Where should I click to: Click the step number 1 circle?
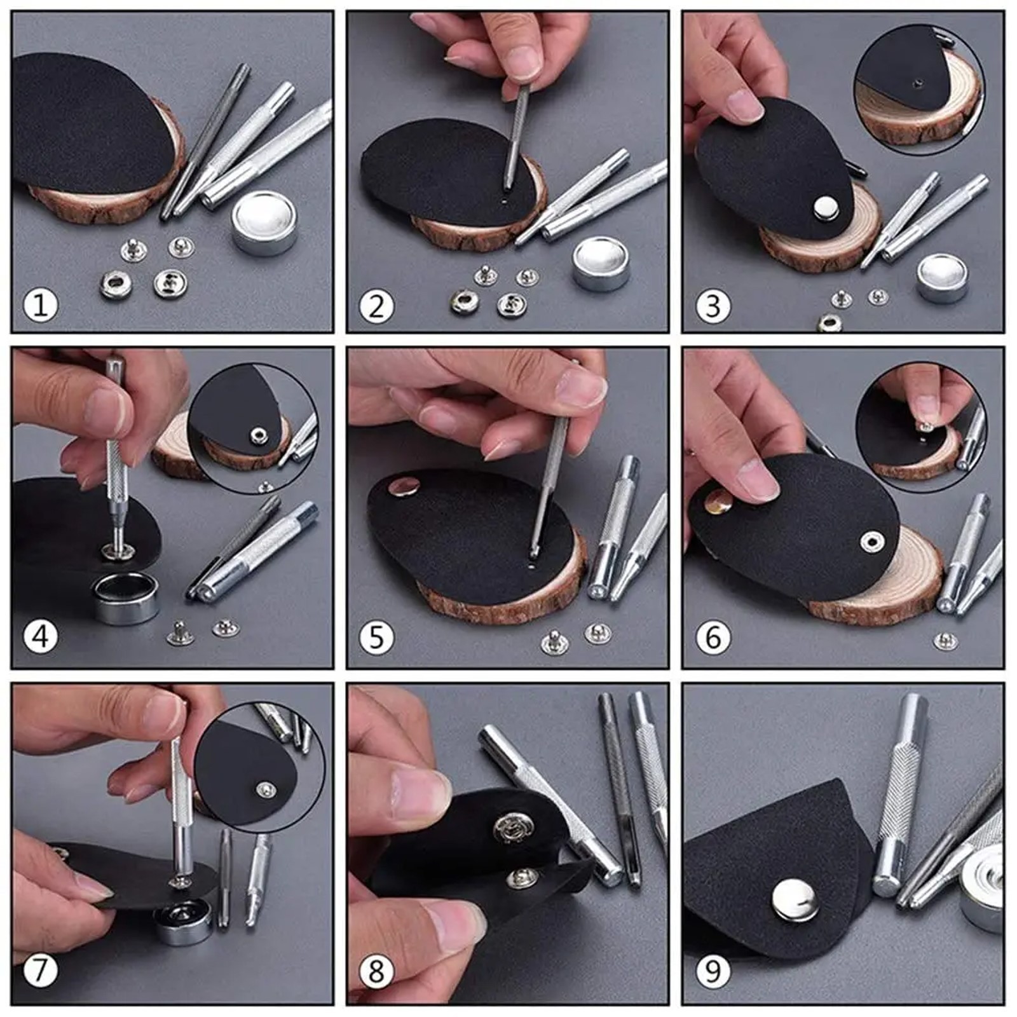41,306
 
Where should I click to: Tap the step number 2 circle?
376,306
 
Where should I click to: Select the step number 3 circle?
713,306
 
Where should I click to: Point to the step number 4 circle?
41,636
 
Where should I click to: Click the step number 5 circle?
376,637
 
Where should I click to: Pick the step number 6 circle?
713,637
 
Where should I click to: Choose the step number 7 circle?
41,971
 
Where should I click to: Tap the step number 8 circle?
376,972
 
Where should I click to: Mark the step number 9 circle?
713,972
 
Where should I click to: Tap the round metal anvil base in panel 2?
601,263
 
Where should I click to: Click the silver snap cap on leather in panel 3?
826,207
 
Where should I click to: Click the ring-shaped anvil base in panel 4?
125,598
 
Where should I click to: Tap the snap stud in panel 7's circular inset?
267,790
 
